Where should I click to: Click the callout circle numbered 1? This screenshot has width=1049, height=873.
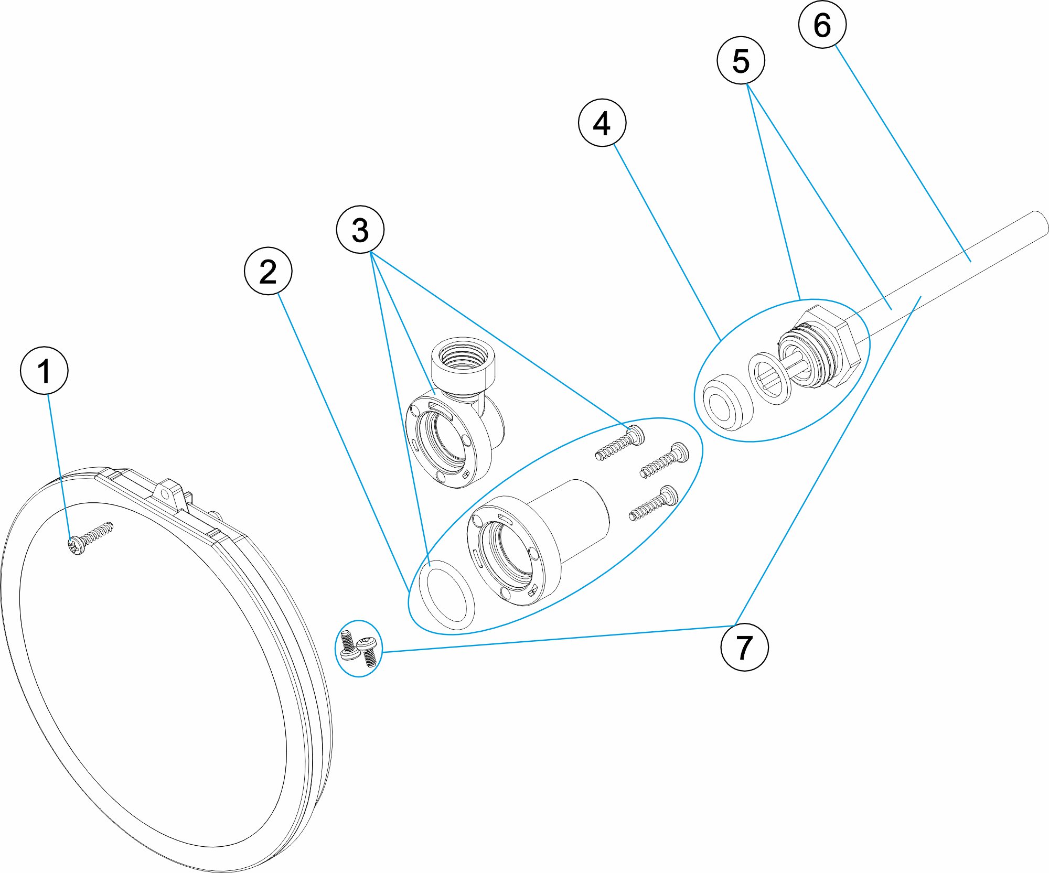tap(44, 370)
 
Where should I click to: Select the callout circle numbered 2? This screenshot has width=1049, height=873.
tap(268, 271)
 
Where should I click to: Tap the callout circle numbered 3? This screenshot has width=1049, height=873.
tap(360, 230)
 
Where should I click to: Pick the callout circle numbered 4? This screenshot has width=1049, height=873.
tap(602, 123)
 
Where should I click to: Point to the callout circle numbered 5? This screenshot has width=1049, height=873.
tap(741, 60)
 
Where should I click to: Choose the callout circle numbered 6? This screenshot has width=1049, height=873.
tap(822, 25)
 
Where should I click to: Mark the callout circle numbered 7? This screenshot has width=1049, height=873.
tap(744, 647)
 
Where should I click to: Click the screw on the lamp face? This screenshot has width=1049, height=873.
tap(90, 538)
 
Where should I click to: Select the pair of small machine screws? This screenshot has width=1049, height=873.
tap(359, 648)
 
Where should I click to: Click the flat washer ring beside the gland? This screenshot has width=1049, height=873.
tap(769, 378)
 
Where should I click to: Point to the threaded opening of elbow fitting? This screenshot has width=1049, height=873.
tap(463, 357)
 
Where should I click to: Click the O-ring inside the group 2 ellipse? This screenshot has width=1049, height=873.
tap(446, 594)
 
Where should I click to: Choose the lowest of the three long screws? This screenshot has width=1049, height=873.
tap(654, 503)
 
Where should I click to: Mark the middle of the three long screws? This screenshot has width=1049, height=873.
tap(664, 460)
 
